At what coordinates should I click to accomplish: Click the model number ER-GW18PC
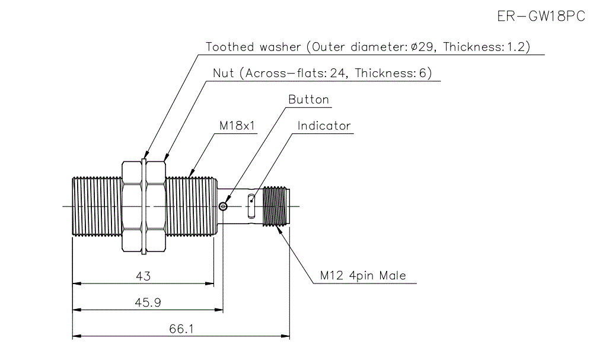(541, 16)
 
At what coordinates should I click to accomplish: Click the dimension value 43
(144, 276)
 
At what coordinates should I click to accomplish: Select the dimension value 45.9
(148, 302)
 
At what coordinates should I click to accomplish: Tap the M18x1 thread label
(237, 126)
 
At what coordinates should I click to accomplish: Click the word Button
(308, 99)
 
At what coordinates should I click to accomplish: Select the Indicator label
(324, 126)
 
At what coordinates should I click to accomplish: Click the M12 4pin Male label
(363, 276)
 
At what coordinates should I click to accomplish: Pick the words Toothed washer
(252, 47)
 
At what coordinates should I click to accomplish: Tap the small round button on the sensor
(222, 206)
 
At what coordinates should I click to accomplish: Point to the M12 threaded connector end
(276, 206)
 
